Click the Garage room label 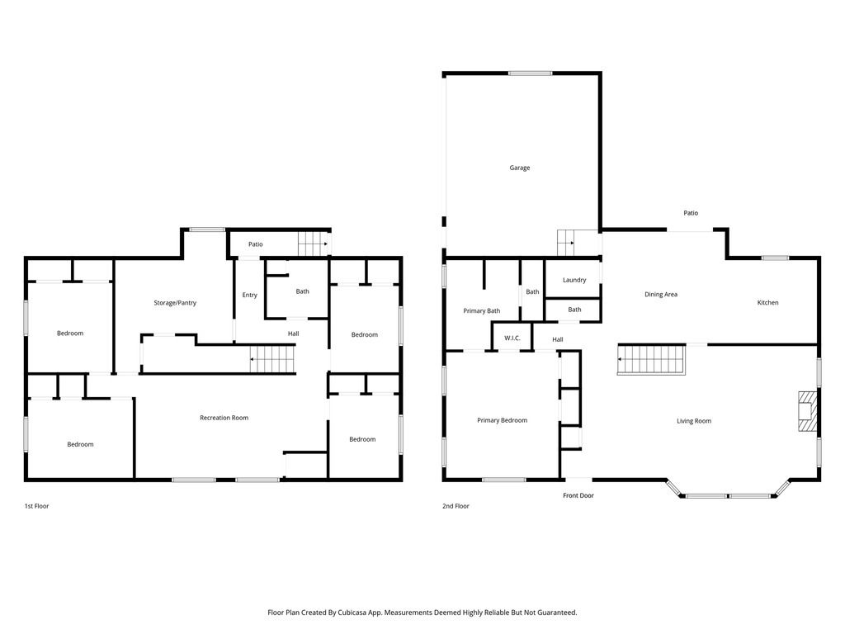pyautogui.click(x=519, y=168)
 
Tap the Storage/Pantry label pyautogui.click(x=175, y=303)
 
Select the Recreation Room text pyautogui.click(x=224, y=418)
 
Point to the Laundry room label pyautogui.click(x=574, y=280)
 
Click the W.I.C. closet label pyautogui.click(x=512, y=338)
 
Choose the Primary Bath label pyautogui.click(x=482, y=311)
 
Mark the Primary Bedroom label pyautogui.click(x=502, y=420)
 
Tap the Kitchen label pyautogui.click(x=767, y=303)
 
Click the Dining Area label pyautogui.click(x=660, y=295)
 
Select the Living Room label pyautogui.click(x=693, y=421)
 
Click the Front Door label pyautogui.click(x=578, y=495)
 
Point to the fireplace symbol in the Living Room pyautogui.click(x=806, y=411)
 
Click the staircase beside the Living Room pyautogui.click(x=652, y=360)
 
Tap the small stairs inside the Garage pyautogui.click(x=566, y=243)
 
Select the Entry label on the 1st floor pyautogui.click(x=249, y=296)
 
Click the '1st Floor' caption pyautogui.click(x=36, y=506)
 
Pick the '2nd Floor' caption pyautogui.click(x=456, y=506)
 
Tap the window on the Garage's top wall pyautogui.click(x=530, y=73)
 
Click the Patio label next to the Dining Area pyautogui.click(x=691, y=213)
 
